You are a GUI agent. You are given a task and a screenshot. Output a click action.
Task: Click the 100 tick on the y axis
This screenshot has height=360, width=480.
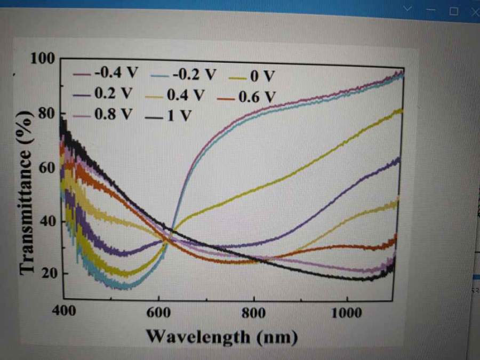[43, 58]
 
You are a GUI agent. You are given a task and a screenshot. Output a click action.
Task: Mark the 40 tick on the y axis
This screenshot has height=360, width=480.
[46, 221]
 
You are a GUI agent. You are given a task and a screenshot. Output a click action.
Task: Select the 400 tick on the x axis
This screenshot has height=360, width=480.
[63, 312]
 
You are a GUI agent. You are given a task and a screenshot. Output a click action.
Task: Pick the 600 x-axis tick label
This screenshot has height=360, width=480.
[158, 313]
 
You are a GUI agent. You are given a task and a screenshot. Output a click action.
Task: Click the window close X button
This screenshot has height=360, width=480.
[474, 10]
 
